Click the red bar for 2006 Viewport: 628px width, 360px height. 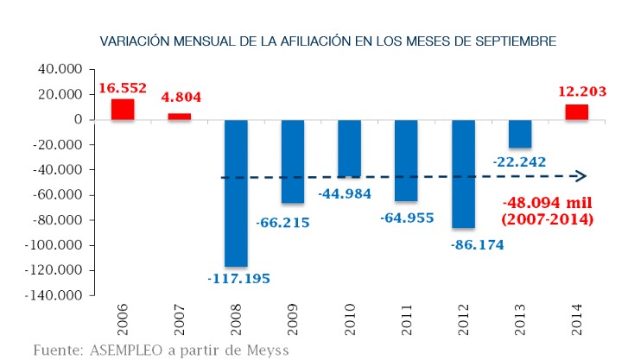[x=123, y=110]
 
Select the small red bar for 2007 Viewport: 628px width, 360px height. [x=180, y=117]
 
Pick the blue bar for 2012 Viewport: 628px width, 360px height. [x=464, y=174]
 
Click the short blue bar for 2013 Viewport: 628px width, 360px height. [x=521, y=134]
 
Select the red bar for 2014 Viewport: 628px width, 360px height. [x=577, y=112]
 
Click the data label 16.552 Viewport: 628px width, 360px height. [x=123, y=88]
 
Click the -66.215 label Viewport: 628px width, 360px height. [x=282, y=223]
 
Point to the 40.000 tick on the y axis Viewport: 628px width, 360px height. [x=60, y=69]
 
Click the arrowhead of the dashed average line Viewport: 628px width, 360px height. [x=581, y=177]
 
